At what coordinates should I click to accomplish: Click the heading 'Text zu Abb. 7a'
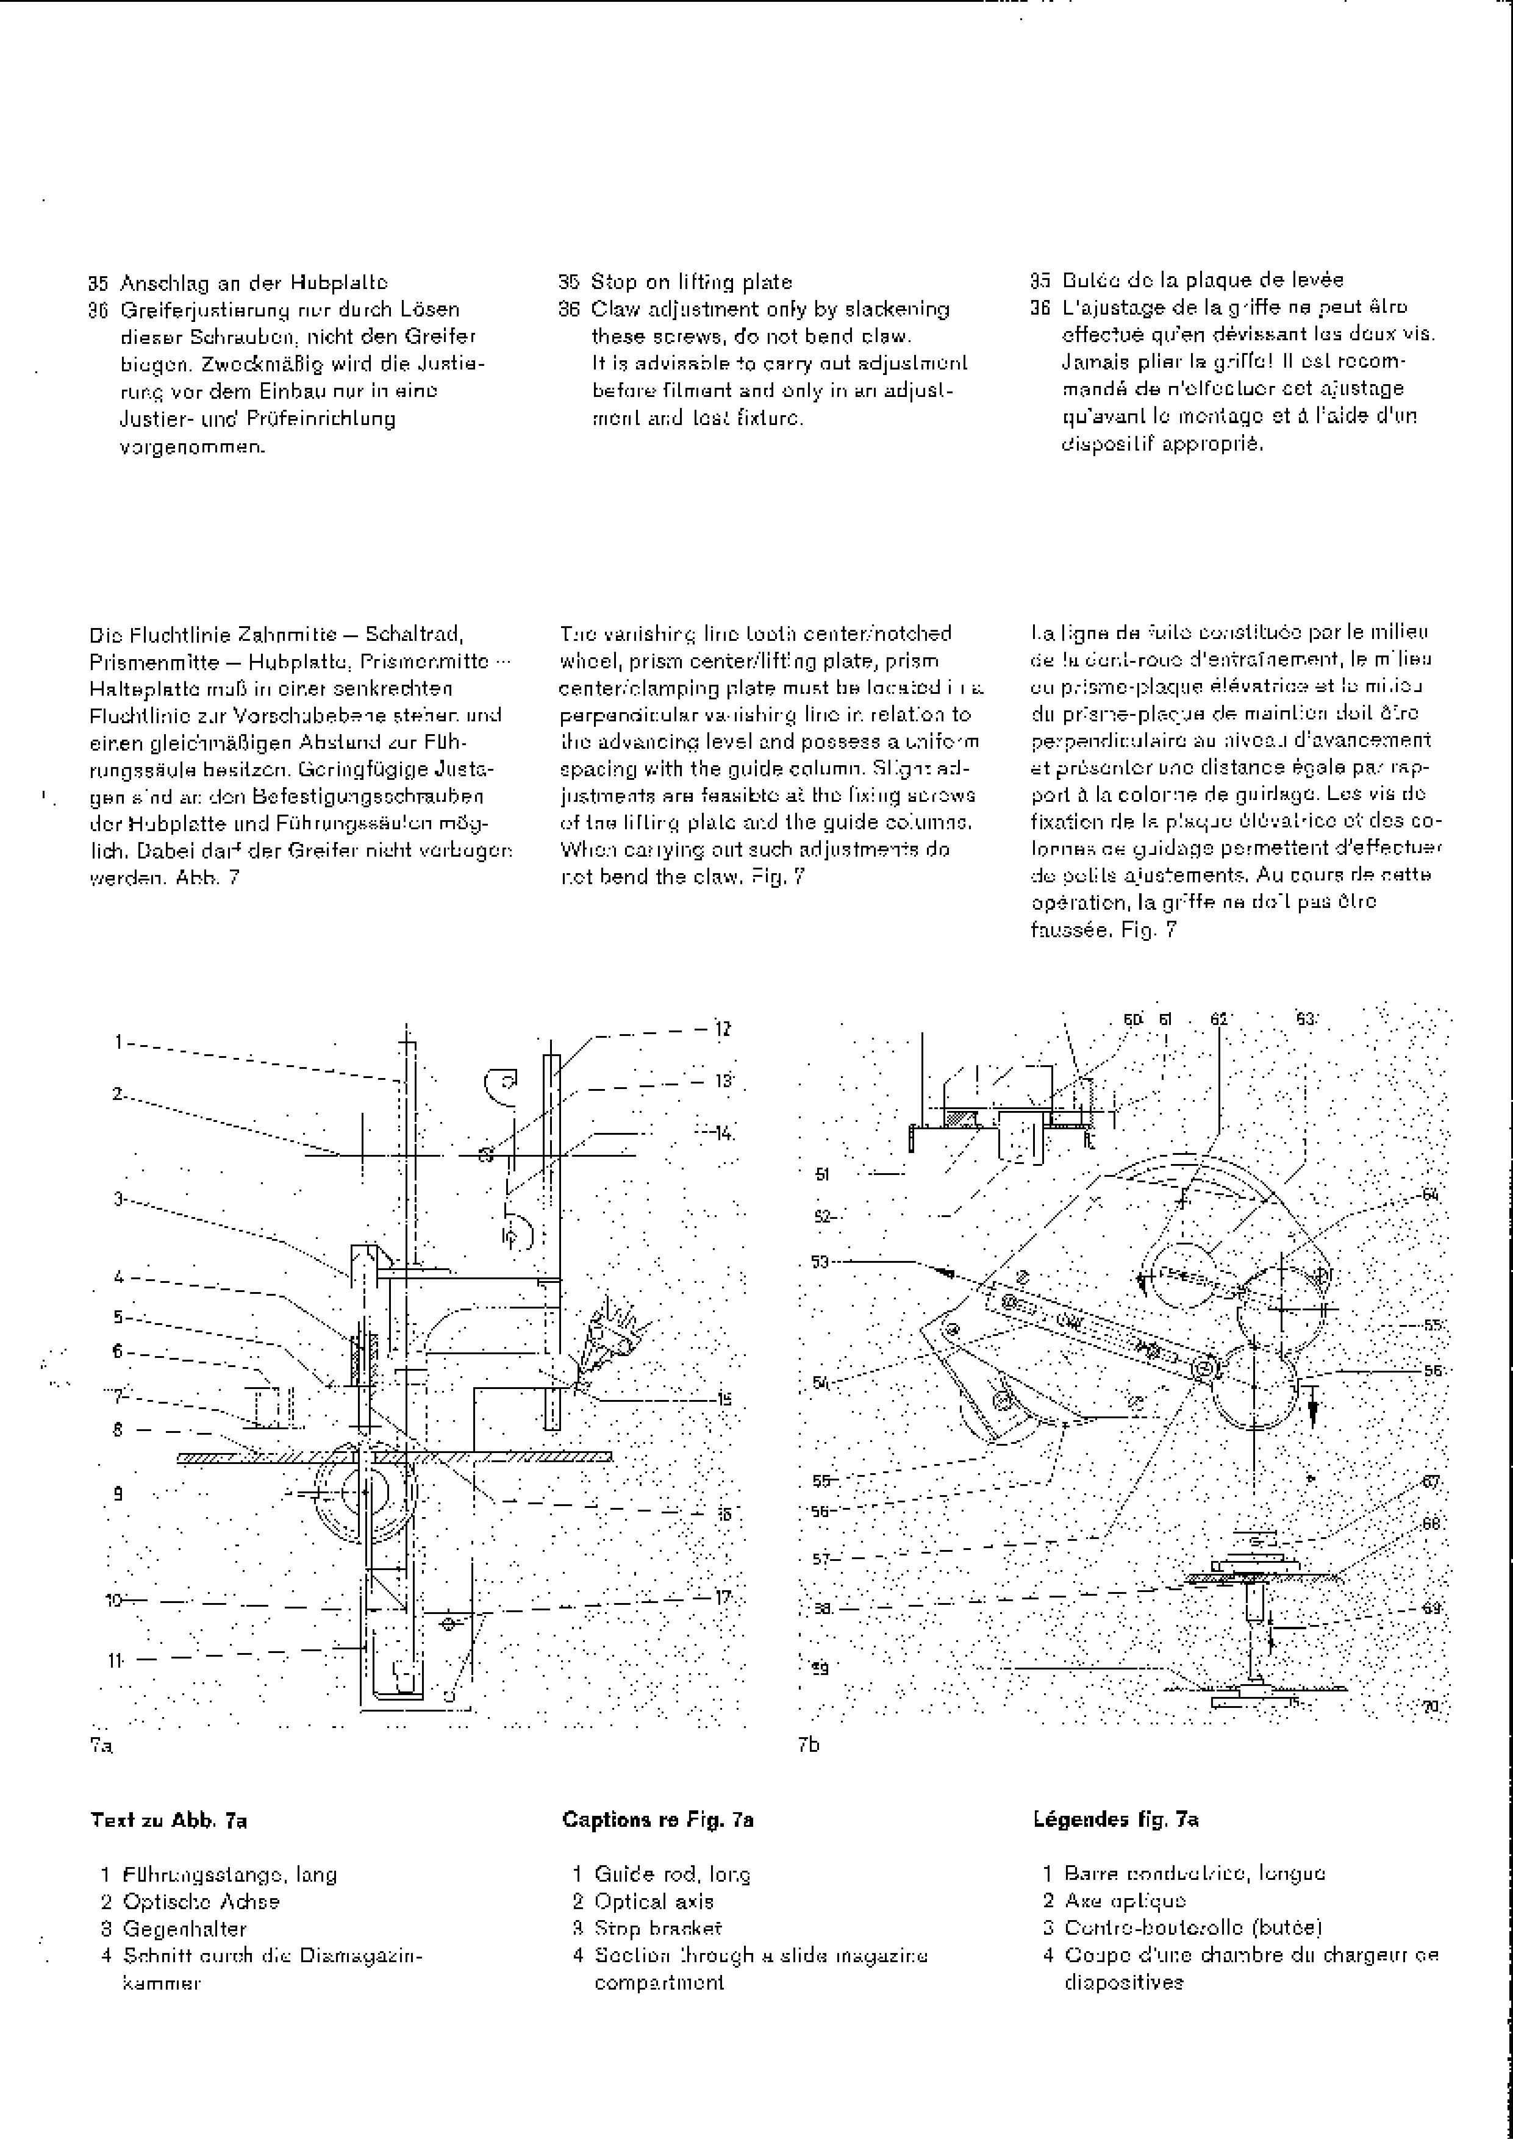[x=169, y=1819]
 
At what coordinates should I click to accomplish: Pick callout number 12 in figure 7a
[x=723, y=1029]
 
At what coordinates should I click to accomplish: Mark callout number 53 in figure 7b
[x=820, y=1262]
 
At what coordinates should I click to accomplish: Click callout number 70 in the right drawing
[x=1431, y=1706]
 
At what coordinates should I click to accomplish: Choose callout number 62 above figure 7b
[x=1218, y=1019]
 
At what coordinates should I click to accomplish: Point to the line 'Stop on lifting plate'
[x=692, y=281]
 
